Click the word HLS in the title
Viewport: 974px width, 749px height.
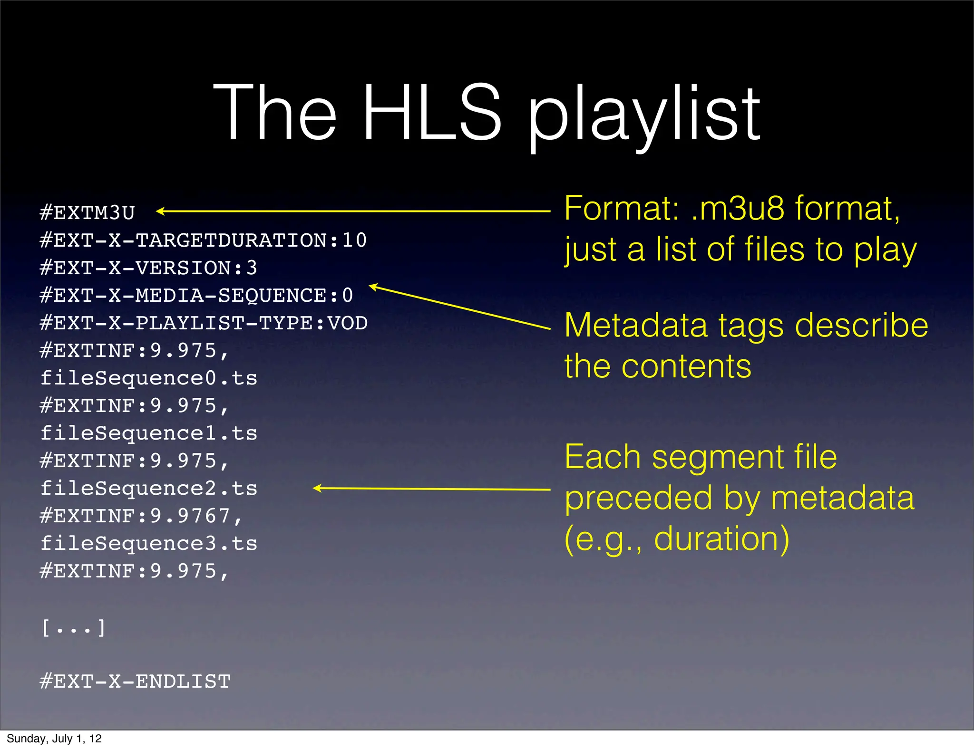(x=432, y=113)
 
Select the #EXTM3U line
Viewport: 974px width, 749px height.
(x=88, y=212)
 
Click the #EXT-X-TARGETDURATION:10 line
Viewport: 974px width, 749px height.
(x=203, y=240)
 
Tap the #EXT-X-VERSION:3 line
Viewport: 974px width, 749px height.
(x=148, y=268)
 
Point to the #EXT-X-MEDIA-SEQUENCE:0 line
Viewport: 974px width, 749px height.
(x=196, y=295)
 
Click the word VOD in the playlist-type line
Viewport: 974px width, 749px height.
(x=348, y=323)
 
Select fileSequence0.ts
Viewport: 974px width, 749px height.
(x=148, y=378)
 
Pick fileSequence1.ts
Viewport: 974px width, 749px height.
(x=148, y=433)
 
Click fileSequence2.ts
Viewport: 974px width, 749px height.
(x=148, y=489)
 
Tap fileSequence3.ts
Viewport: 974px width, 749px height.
(x=148, y=544)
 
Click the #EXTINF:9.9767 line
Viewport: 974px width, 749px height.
(x=142, y=516)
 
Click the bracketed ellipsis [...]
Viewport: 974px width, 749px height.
(x=74, y=628)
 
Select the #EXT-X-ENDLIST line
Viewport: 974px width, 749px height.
(x=135, y=682)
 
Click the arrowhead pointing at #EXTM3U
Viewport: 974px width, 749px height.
(x=160, y=211)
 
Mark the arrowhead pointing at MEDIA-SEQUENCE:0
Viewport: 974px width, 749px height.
(x=373, y=286)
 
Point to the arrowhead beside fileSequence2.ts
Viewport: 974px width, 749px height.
(x=317, y=488)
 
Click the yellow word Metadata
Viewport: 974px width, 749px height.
(x=636, y=326)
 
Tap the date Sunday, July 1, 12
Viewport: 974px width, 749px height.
(x=54, y=739)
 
